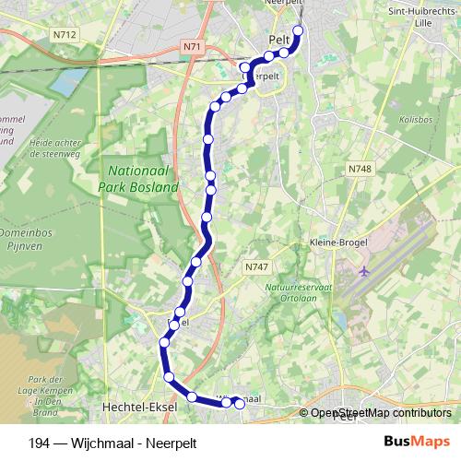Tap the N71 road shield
tap(191, 46)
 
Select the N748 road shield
tap(360, 169)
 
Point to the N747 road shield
tap(256, 266)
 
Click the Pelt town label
tap(278, 41)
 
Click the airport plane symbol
tap(364, 272)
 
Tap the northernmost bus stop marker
tap(298, 30)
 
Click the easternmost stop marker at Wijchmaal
tap(240, 403)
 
